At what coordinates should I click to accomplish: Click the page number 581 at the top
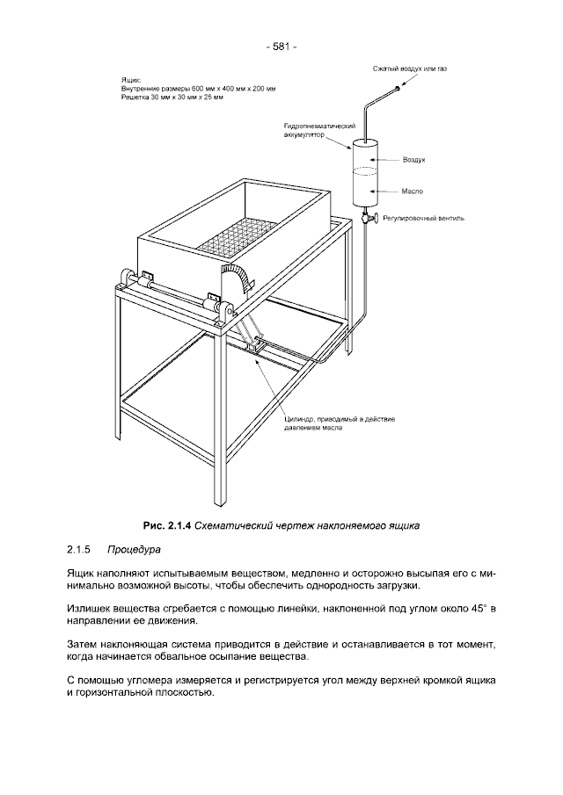coord(281,47)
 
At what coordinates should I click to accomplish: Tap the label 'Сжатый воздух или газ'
coord(405,69)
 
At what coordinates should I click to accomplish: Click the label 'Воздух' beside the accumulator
coord(413,161)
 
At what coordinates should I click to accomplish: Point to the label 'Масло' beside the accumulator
coord(413,190)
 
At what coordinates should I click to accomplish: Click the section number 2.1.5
coord(79,550)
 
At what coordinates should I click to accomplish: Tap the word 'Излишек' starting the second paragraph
coord(87,608)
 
